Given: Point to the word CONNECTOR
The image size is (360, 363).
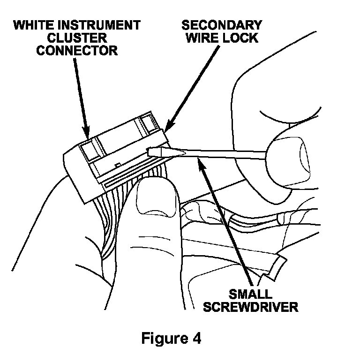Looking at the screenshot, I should [x=77, y=50].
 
